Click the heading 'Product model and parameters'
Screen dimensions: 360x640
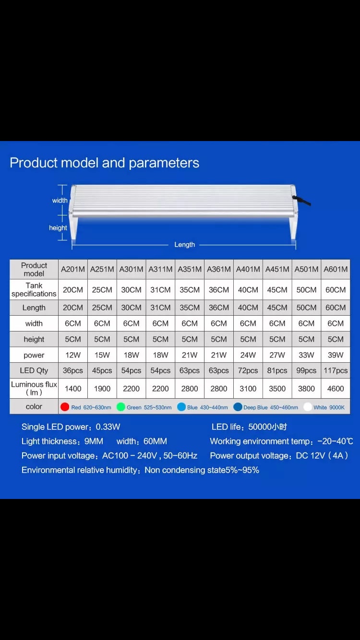click(x=104, y=163)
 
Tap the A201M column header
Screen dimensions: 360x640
click(x=73, y=269)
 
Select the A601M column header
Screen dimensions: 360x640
click(x=336, y=269)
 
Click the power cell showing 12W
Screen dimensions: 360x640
click(x=73, y=355)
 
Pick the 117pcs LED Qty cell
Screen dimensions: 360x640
click(x=336, y=370)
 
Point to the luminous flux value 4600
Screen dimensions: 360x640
click(x=336, y=389)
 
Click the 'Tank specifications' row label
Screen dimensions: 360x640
click(x=34, y=289)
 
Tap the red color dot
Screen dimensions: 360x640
click(x=65, y=407)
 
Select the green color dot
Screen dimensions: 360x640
click(x=120, y=407)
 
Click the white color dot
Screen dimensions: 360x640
click(x=307, y=407)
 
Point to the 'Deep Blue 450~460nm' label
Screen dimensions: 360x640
click(x=271, y=407)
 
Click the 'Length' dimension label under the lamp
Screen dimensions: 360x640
click(x=184, y=245)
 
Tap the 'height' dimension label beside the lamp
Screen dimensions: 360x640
click(x=58, y=228)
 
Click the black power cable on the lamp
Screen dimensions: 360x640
click(x=302, y=200)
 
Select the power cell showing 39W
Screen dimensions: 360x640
click(x=336, y=355)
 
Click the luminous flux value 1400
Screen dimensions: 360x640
click(x=73, y=389)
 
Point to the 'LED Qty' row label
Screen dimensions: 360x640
click(x=34, y=370)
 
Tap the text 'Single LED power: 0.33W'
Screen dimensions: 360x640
click(x=71, y=427)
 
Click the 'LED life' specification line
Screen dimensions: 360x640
click(x=249, y=427)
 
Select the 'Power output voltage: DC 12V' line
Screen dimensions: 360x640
click(x=279, y=455)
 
